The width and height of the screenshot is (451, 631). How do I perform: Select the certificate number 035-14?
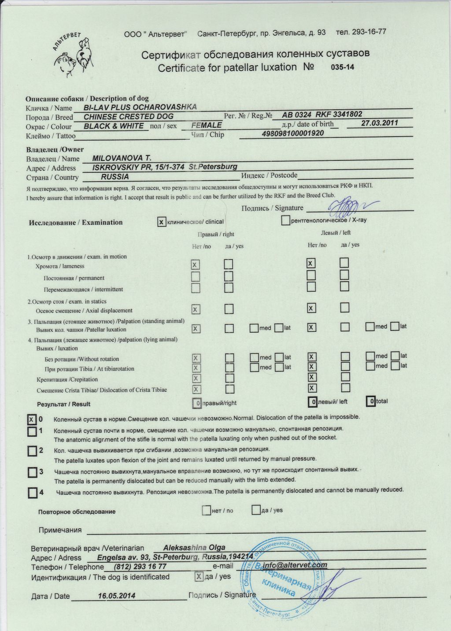click(342, 67)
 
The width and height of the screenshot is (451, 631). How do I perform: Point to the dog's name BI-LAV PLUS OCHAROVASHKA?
click(140, 107)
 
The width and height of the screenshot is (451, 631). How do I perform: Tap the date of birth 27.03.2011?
click(379, 123)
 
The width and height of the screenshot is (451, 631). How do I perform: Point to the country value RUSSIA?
click(115, 177)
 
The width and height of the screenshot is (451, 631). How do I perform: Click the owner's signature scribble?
click(348, 205)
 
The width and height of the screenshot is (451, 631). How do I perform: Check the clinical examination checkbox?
click(162, 222)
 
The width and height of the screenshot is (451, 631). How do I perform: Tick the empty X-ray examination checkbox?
click(285, 220)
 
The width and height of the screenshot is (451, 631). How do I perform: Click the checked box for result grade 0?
click(32, 419)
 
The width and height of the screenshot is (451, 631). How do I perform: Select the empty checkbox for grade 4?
click(33, 492)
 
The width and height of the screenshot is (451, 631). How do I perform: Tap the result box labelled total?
click(371, 401)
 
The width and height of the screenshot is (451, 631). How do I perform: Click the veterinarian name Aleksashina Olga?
click(194, 548)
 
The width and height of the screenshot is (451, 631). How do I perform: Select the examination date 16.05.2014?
click(117, 596)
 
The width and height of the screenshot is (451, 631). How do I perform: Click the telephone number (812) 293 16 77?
click(140, 567)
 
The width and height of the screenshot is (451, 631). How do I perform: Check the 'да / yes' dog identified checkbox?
click(199, 576)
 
